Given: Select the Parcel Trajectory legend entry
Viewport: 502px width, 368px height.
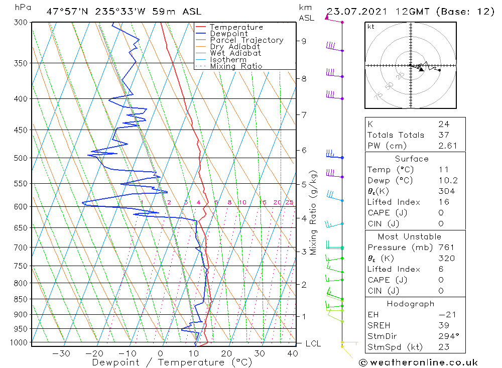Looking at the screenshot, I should coord(246,40).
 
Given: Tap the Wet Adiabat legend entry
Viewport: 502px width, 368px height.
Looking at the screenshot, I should coord(235,53).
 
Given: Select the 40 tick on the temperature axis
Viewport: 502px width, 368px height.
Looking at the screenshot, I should coord(291,353).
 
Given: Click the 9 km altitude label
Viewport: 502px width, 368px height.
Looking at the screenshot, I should coord(304,41).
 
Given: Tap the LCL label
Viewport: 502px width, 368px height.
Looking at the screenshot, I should coord(313,344).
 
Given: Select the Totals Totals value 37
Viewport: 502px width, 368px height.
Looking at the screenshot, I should coord(443,135).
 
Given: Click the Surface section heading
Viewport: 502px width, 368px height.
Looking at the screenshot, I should coord(412,159).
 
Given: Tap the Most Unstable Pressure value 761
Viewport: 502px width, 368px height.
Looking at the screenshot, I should coord(446,248).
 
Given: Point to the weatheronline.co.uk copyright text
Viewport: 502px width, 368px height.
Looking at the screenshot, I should coord(418,362).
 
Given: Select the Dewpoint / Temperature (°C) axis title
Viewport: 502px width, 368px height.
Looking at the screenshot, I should coord(172,362).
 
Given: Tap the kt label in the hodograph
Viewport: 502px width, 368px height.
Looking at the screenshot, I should coord(371,27).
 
